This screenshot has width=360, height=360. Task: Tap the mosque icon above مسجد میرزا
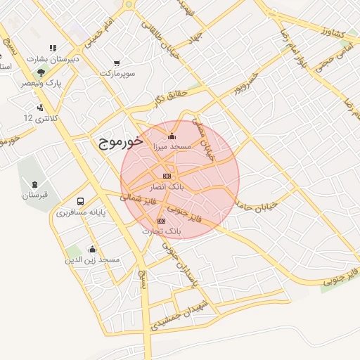point(173,136)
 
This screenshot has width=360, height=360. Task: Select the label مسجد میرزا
point(172,146)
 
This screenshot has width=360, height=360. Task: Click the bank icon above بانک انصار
point(167,176)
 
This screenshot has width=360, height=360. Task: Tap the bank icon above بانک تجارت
point(161,221)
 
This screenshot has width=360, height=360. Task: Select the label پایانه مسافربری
point(80,211)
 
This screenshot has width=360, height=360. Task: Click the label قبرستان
point(34,195)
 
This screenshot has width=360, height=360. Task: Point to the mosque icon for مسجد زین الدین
point(91,249)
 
